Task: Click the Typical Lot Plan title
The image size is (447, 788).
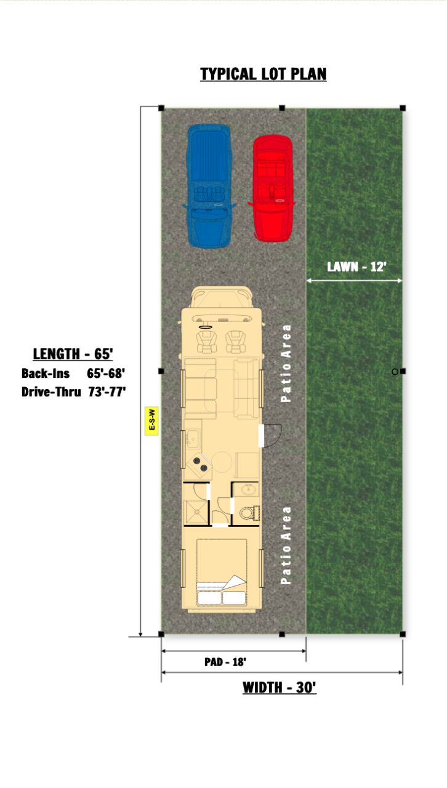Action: click(x=264, y=74)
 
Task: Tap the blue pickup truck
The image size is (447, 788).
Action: click(x=209, y=187)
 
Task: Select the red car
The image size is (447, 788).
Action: click(x=272, y=188)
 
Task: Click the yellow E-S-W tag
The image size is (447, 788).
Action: click(x=151, y=420)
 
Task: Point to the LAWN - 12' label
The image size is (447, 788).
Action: click(x=356, y=267)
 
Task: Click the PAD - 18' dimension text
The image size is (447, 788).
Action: click(x=225, y=662)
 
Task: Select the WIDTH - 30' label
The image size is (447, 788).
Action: click(x=280, y=688)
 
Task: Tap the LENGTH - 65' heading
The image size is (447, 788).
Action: click(x=73, y=353)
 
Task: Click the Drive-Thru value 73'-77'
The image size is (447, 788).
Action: click(x=107, y=392)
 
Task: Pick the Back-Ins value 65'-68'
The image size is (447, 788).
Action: click(x=106, y=373)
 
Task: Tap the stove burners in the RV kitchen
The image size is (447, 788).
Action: click(x=200, y=464)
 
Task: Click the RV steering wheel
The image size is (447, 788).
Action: click(x=206, y=327)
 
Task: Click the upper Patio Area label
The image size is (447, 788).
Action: click(x=286, y=363)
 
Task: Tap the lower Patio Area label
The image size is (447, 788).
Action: click(x=286, y=545)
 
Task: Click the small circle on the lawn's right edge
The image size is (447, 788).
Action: click(x=395, y=371)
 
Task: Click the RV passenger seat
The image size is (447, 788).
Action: click(x=235, y=341)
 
